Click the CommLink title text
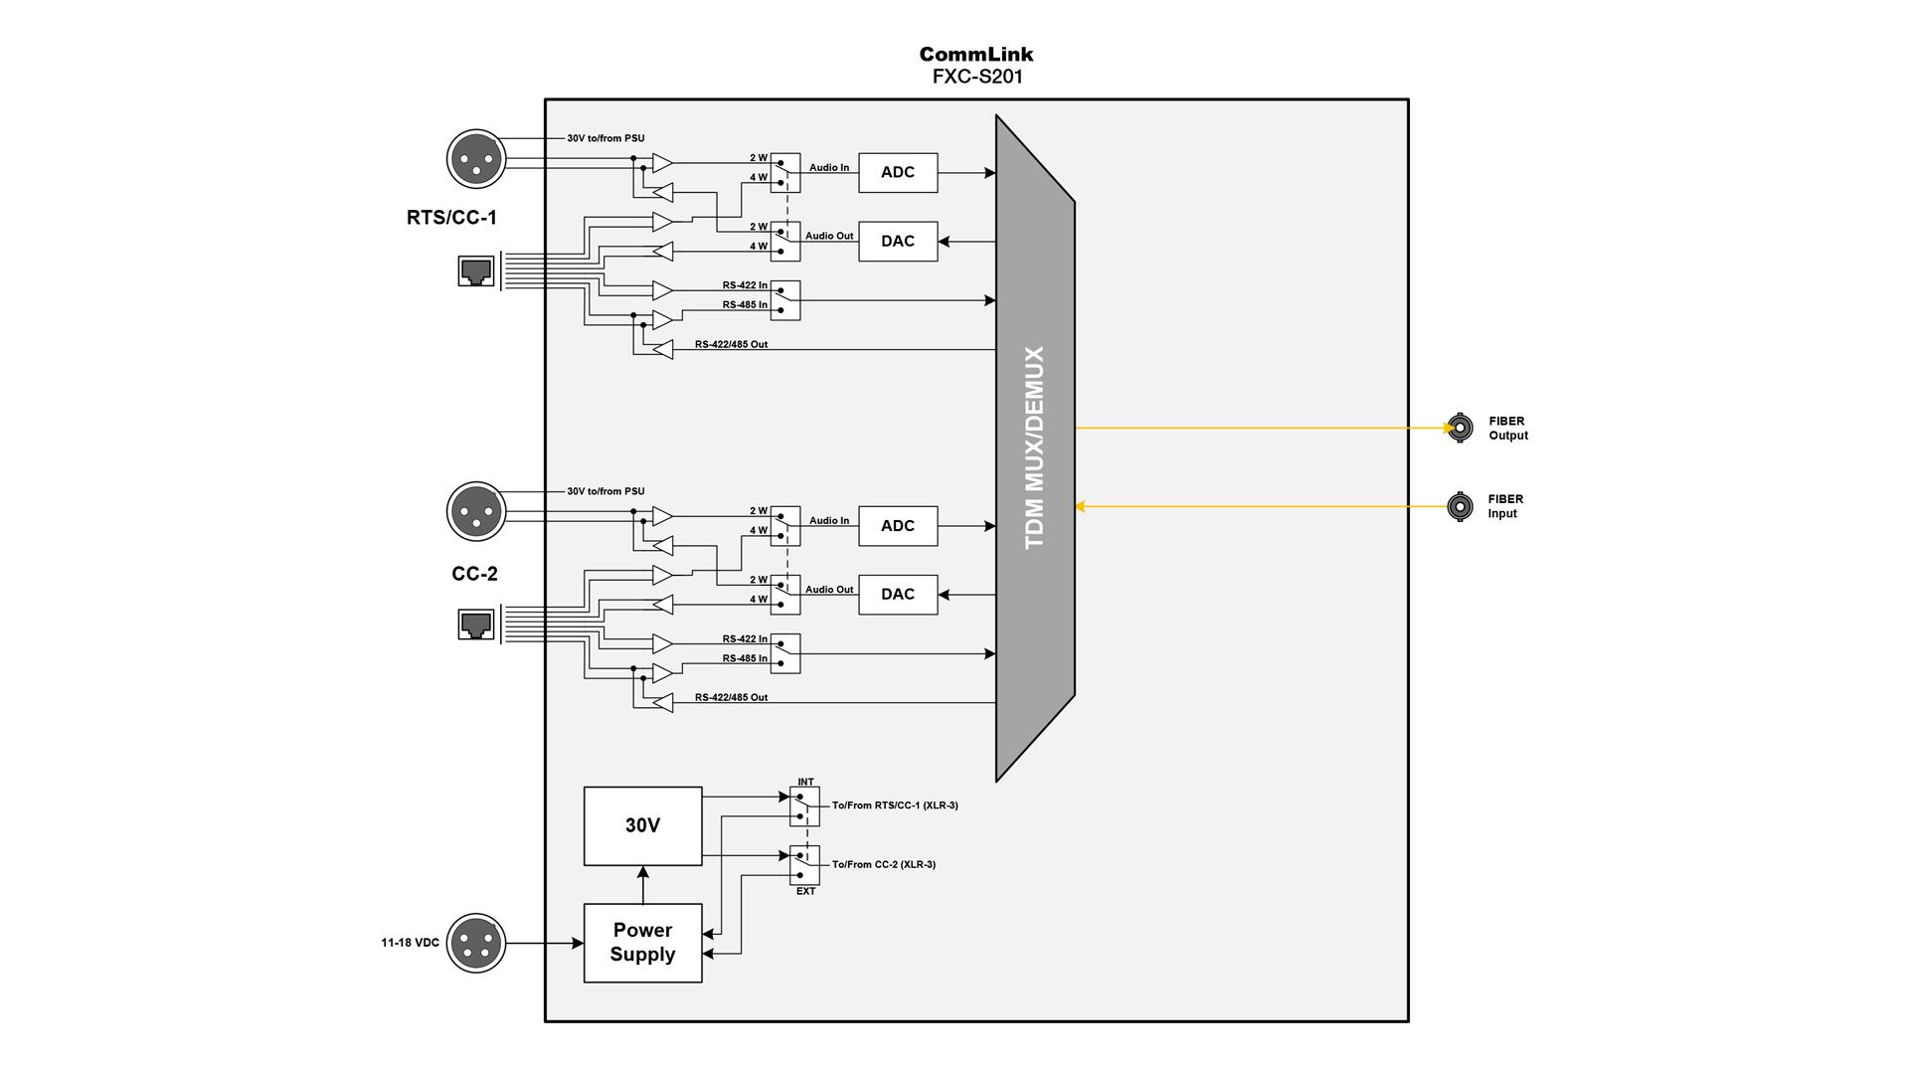pos(975,54)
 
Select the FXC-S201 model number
pos(976,77)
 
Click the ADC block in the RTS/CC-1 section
pos(897,172)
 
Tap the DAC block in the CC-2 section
pos(897,594)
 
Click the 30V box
pos(642,825)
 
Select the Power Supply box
pos(642,942)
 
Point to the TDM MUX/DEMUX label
pos(1034,447)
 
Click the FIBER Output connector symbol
pos(1459,428)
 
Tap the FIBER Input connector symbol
pos(1459,506)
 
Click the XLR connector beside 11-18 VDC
pos(476,942)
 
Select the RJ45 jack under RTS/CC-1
pos(476,270)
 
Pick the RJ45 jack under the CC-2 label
pos(476,624)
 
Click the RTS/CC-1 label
pos(451,218)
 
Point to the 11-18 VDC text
pos(410,942)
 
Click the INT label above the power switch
pos(805,782)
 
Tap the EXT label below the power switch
pos(805,891)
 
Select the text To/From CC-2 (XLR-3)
pos(883,864)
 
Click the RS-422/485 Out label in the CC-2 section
pos(731,697)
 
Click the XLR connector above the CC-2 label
pos(476,511)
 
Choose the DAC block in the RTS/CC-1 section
pos(897,241)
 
